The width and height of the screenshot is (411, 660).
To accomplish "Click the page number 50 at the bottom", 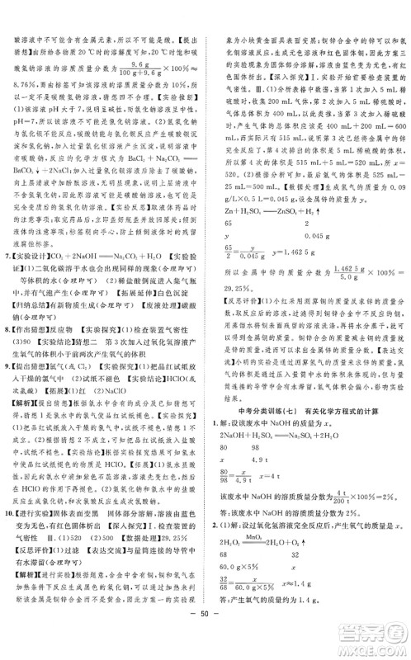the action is (205, 644).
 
